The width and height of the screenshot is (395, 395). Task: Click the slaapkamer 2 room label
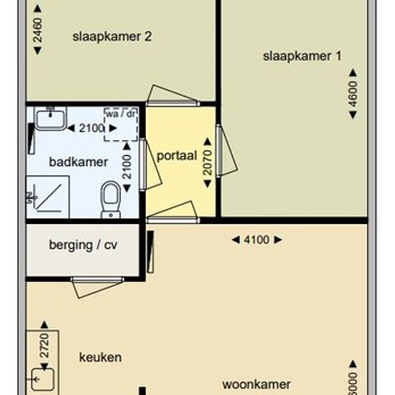point(112,37)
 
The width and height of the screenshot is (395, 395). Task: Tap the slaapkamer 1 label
point(302,57)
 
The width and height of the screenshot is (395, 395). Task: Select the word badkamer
point(78,162)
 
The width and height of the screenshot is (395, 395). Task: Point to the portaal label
point(177,156)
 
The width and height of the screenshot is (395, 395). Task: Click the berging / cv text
point(83,245)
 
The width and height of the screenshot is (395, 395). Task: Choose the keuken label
point(101,358)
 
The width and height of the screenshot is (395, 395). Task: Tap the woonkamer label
point(256,385)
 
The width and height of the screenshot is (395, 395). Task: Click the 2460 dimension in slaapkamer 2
point(37,30)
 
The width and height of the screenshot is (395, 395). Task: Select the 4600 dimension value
point(353,93)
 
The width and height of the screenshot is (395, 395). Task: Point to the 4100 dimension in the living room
point(256,240)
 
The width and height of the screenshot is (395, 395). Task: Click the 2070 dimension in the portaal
point(208,162)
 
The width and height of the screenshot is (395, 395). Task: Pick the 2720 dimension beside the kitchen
point(45,345)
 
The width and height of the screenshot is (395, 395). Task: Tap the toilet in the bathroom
point(111,200)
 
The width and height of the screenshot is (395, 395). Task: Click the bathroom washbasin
point(50,118)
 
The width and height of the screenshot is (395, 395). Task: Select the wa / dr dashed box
point(121,124)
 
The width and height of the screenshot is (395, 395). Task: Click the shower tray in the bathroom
point(48,197)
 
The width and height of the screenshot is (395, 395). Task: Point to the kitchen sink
point(43,380)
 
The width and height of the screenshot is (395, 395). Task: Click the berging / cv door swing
point(97,287)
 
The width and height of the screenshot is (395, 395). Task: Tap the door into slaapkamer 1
point(227,151)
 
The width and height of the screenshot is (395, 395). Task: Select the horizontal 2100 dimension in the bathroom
point(92,129)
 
